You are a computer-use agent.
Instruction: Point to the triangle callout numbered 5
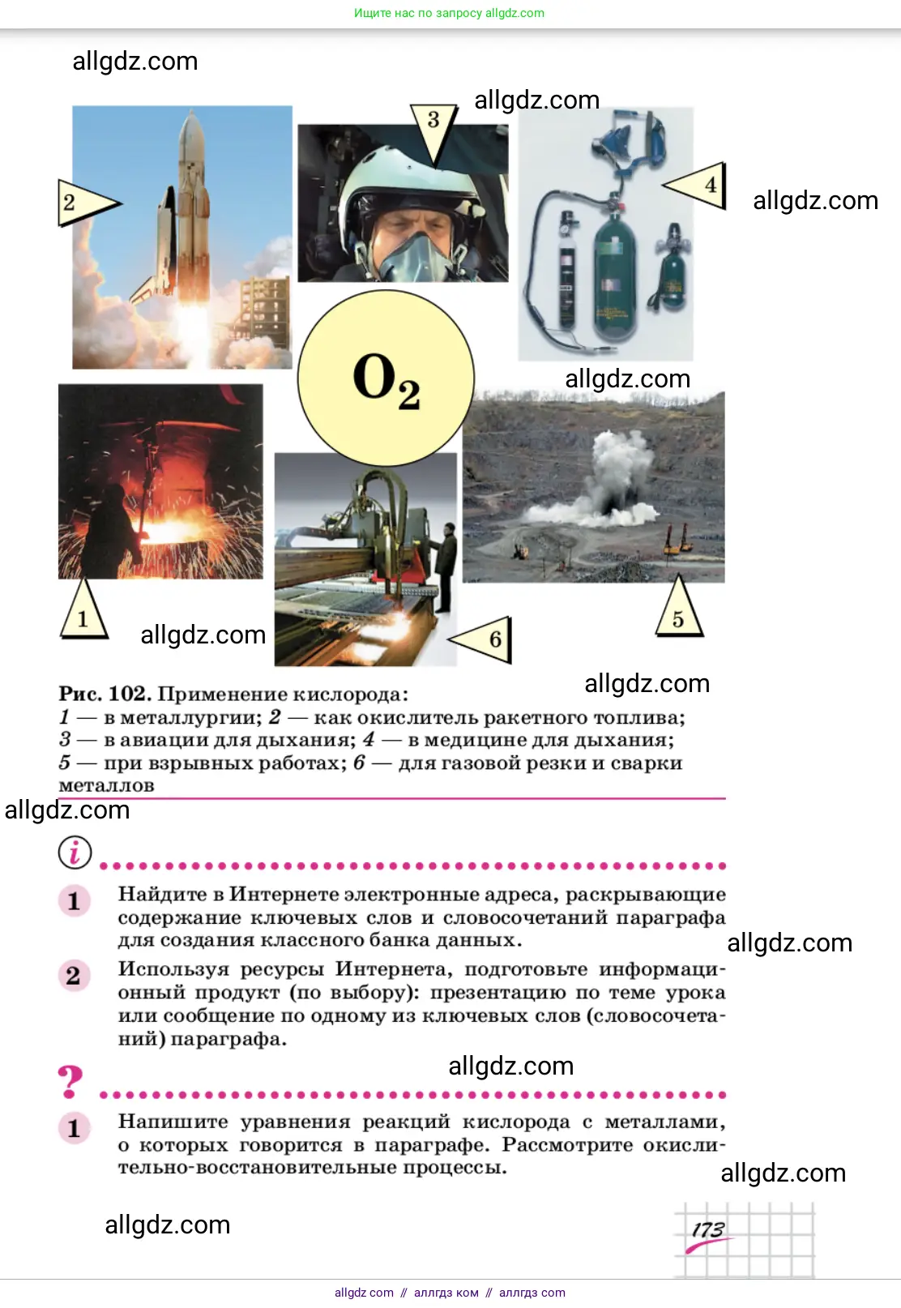tap(678, 610)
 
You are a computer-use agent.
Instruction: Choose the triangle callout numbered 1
tap(83, 612)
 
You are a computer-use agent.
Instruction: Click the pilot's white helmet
tap(408, 181)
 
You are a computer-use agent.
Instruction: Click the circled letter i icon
tap(75, 853)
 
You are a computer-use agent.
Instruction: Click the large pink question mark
tap(70, 1081)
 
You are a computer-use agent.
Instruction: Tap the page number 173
tap(708, 1229)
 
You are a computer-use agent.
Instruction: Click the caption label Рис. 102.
tap(105, 694)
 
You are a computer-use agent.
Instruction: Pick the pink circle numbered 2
tap(74, 976)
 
